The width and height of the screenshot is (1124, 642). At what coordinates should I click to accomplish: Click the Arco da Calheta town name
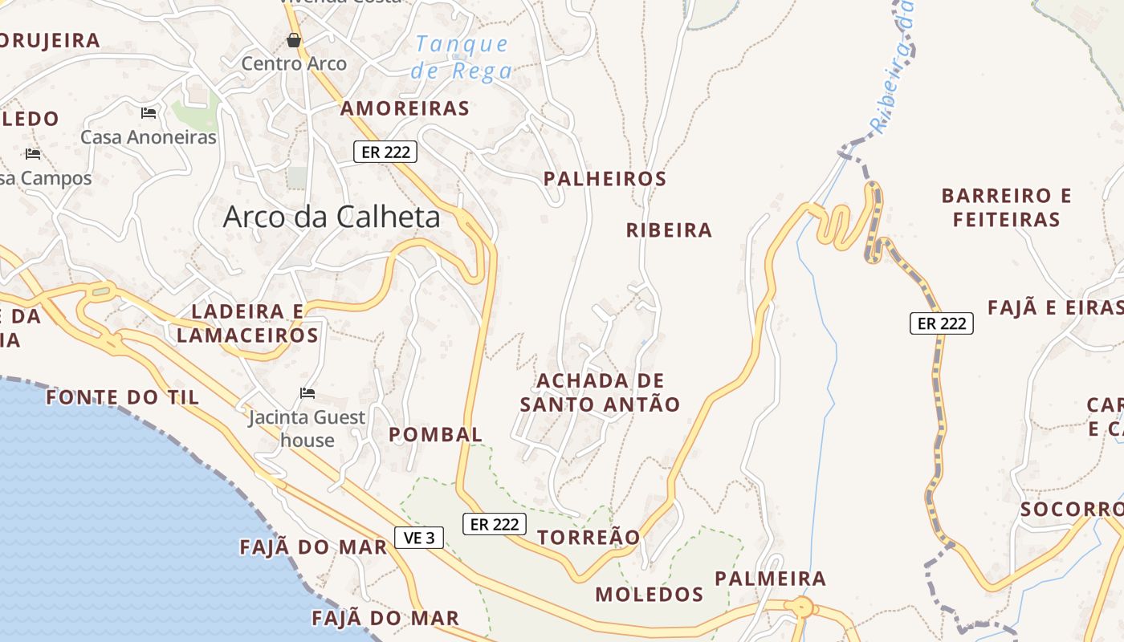point(332,217)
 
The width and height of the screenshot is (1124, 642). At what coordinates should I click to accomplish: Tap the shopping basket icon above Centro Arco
point(294,40)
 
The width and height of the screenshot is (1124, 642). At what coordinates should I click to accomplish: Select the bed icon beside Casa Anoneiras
point(149,113)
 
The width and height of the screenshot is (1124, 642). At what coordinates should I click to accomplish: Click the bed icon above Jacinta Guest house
point(307,393)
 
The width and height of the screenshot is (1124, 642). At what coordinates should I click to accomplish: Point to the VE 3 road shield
point(419,538)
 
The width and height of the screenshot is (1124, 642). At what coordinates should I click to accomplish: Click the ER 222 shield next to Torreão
point(495,524)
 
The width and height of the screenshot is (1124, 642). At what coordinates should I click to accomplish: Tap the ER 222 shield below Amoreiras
point(385,152)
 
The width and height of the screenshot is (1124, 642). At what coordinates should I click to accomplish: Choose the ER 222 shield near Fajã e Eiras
point(941,323)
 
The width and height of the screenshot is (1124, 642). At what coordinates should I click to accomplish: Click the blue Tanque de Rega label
point(462,58)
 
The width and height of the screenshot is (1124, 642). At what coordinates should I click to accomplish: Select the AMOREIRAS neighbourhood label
point(405,108)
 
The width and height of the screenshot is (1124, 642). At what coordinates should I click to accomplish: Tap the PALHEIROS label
point(605,179)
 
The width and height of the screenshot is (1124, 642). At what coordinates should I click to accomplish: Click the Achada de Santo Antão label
point(600,392)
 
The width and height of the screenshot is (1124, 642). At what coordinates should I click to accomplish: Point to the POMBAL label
point(435,435)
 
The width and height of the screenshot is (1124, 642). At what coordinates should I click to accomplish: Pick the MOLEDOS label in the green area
point(649,595)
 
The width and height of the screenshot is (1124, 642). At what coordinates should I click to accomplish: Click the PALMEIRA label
point(770,579)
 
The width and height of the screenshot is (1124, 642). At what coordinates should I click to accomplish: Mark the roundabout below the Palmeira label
point(801,607)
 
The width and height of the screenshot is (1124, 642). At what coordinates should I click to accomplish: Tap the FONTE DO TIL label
point(122,397)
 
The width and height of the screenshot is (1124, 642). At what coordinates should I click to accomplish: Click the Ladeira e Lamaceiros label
point(247,323)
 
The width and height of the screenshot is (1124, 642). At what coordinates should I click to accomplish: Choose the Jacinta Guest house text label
point(307,429)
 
